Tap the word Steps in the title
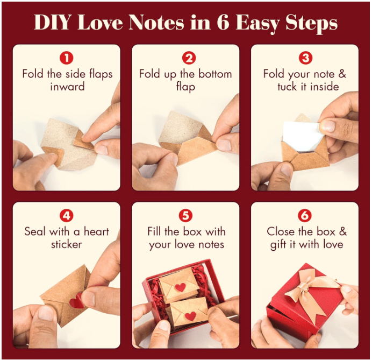[312, 23]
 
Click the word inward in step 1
[67, 87]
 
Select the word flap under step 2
[185, 87]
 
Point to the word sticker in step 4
[66, 245]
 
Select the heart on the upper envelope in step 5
[180, 287]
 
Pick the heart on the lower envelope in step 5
[190, 316]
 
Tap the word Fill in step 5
[156, 231]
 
